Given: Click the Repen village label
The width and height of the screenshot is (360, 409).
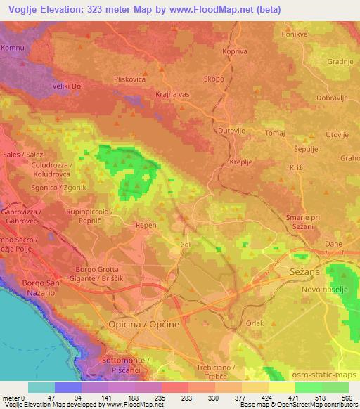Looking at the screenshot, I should point(146,226).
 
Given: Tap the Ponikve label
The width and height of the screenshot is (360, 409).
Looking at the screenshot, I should point(296,34).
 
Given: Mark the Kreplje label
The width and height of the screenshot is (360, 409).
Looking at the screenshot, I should point(241,162).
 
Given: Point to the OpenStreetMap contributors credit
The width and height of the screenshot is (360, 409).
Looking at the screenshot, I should point(318,405).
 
